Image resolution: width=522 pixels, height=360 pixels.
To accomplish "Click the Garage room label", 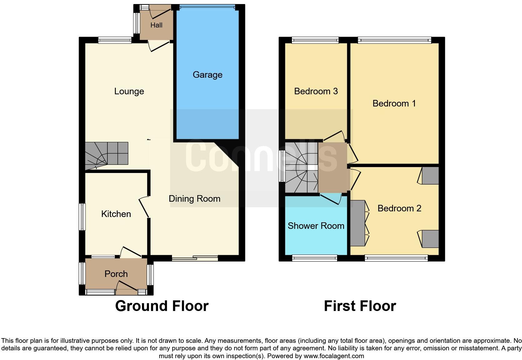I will pyautogui.click(x=207, y=75).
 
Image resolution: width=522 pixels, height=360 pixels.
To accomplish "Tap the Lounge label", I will pyautogui.click(x=129, y=91).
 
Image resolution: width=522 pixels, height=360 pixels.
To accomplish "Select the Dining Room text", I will pyautogui.click(x=195, y=199).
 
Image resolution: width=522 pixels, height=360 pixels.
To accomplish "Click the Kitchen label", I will pyautogui.click(x=116, y=214).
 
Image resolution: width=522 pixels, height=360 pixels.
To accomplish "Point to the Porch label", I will pyautogui.click(x=116, y=274).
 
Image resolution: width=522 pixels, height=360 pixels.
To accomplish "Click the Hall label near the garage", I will pyautogui.click(x=156, y=25).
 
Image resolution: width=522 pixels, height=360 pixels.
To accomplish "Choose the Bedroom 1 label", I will pyautogui.click(x=394, y=104).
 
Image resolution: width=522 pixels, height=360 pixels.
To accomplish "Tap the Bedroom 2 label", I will pyautogui.click(x=399, y=209).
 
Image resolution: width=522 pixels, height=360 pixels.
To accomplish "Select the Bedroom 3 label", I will pyautogui.click(x=316, y=91).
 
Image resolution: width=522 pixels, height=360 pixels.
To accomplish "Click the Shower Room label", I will pyautogui.click(x=316, y=226).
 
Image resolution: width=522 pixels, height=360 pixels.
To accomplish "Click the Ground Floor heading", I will pyautogui.click(x=162, y=306).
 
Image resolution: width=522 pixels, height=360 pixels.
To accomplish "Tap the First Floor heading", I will pyautogui.click(x=360, y=306).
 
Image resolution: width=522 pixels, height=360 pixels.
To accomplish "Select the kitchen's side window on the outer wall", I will pyautogui.click(x=82, y=217).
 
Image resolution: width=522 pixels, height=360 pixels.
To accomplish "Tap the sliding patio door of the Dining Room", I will pyautogui.click(x=195, y=258).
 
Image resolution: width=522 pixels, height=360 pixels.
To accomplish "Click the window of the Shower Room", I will pyautogui.click(x=315, y=258).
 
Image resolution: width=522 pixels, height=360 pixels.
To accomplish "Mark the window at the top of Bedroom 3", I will pyautogui.click(x=315, y=40).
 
